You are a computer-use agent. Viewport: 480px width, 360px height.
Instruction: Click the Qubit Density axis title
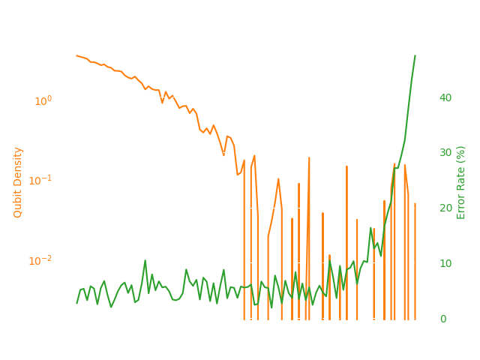[x=18, y=182]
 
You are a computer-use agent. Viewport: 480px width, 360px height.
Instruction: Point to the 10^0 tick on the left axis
[x=43, y=100]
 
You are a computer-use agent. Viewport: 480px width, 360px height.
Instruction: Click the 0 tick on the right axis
[x=442, y=319]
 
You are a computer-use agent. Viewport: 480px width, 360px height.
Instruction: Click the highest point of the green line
[x=415, y=55]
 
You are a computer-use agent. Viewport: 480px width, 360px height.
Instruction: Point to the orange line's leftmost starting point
[x=76, y=55]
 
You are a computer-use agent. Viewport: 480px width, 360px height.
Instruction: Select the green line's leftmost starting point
[x=76, y=303]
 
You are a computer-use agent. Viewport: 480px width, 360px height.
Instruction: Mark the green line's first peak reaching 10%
[x=145, y=261]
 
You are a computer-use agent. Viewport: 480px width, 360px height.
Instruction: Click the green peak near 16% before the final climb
[x=370, y=228]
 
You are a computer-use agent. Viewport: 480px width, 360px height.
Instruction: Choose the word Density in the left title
[x=18, y=169]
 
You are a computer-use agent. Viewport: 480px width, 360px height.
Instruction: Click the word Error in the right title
[x=461, y=206]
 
